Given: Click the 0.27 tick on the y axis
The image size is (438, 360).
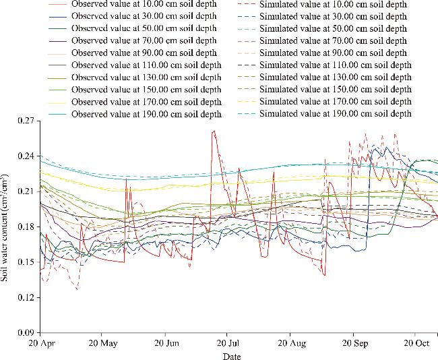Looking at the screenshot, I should pos(26,121).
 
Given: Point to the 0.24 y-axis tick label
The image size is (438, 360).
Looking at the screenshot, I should pos(26,156).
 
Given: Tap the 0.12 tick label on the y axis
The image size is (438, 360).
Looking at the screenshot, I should pos(26,297).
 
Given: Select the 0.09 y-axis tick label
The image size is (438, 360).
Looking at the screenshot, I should pos(26,332).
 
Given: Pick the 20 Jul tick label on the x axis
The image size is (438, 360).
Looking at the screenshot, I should pos(227,343).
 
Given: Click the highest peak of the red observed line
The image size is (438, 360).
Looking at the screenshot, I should pos(214,131).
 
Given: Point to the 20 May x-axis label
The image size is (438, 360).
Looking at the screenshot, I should pos(102,343).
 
